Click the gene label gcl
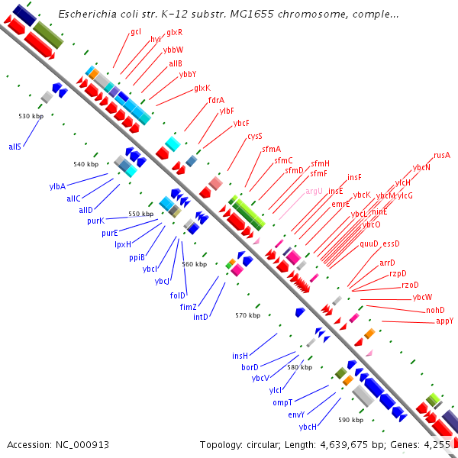136,31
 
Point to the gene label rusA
441,155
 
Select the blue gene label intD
201,316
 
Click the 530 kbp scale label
31,116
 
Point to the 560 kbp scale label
195,264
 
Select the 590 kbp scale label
350,420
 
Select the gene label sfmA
271,149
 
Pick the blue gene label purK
95,221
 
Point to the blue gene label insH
240,356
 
